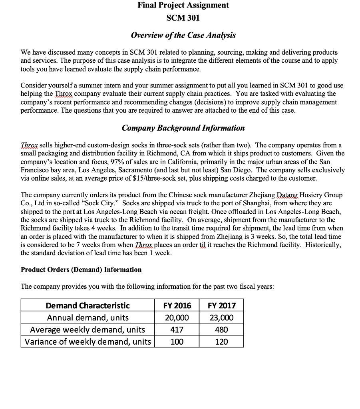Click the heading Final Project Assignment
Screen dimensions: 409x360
pos(183,5)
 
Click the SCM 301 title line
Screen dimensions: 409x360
pos(183,18)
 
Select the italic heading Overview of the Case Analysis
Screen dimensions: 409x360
pos(183,35)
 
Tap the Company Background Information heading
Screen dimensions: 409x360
pos(183,128)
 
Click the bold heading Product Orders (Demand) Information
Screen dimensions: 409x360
pos(81,270)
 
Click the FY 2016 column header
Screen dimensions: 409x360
pos(177,306)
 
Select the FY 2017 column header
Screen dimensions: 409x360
pos(221,306)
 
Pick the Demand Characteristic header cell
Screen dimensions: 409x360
pos(88,306)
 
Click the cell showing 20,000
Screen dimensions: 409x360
pos(177,318)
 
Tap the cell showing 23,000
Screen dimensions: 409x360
pos(221,318)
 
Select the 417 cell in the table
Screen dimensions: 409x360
pos(177,330)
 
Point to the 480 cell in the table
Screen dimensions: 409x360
pos(221,330)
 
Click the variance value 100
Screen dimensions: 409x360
pos(177,341)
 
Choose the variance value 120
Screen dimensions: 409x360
pos(221,341)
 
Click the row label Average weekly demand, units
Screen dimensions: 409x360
pos(88,330)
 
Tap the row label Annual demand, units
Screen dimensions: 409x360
pos(88,318)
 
